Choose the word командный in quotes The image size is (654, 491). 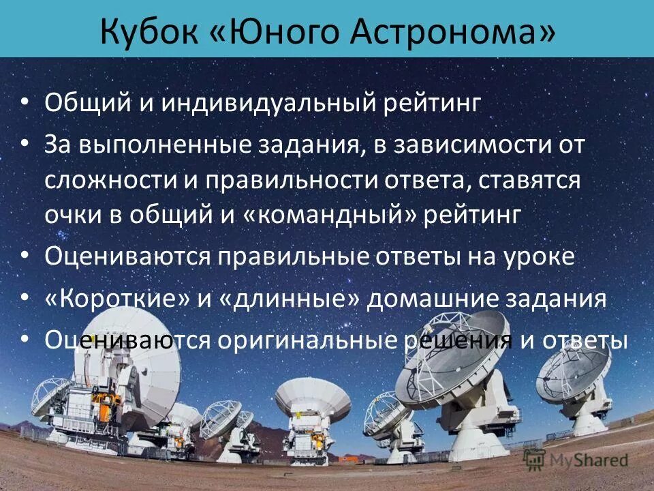pyautogui.click(x=330, y=215)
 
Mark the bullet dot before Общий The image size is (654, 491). pyautogui.click(x=25, y=102)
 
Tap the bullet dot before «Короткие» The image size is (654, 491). pyautogui.click(x=25, y=297)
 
